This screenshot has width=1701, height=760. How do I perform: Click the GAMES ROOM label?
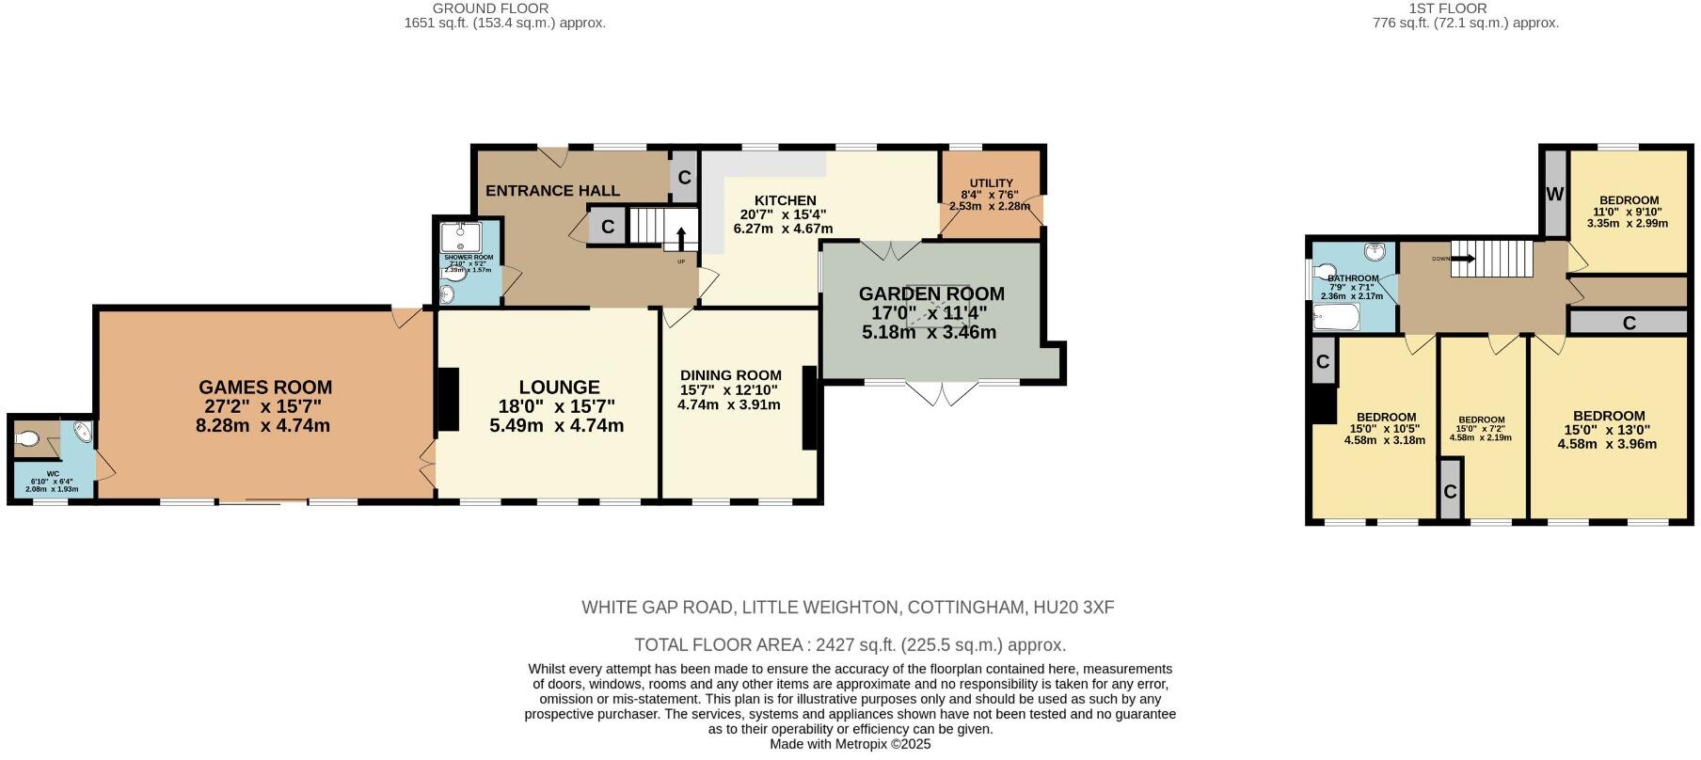264,388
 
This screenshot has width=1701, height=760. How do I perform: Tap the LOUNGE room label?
559,388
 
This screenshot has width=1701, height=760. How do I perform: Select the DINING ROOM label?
731,375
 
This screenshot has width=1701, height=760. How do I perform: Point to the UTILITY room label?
991,183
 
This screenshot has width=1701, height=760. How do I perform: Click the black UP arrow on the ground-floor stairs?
681,235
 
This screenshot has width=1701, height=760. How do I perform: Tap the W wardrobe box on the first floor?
1554,195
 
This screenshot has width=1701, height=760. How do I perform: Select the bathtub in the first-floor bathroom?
1337,318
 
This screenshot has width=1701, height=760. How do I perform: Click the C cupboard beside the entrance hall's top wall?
684,177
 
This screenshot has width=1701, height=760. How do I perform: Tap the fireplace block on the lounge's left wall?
448,399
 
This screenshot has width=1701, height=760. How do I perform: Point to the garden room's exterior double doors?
942,393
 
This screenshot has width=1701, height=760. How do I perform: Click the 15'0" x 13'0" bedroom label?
1609,416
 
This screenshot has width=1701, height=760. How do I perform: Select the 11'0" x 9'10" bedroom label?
1629,200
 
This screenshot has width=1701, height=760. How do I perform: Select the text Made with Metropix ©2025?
850,744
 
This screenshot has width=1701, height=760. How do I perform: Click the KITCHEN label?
785,200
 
